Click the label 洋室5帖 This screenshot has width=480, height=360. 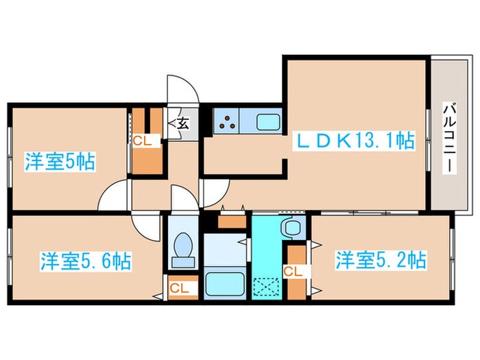(x=60, y=163)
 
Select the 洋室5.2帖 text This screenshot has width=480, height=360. (x=381, y=260)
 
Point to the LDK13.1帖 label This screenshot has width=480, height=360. (x=355, y=141)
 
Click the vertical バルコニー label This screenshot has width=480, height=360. (x=449, y=139)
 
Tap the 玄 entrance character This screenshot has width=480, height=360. (x=183, y=124)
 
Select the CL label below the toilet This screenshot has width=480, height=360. (x=180, y=288)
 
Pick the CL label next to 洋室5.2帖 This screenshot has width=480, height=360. (x=293, y=272)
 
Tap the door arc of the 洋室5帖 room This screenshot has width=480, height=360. (x=114, y=197)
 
